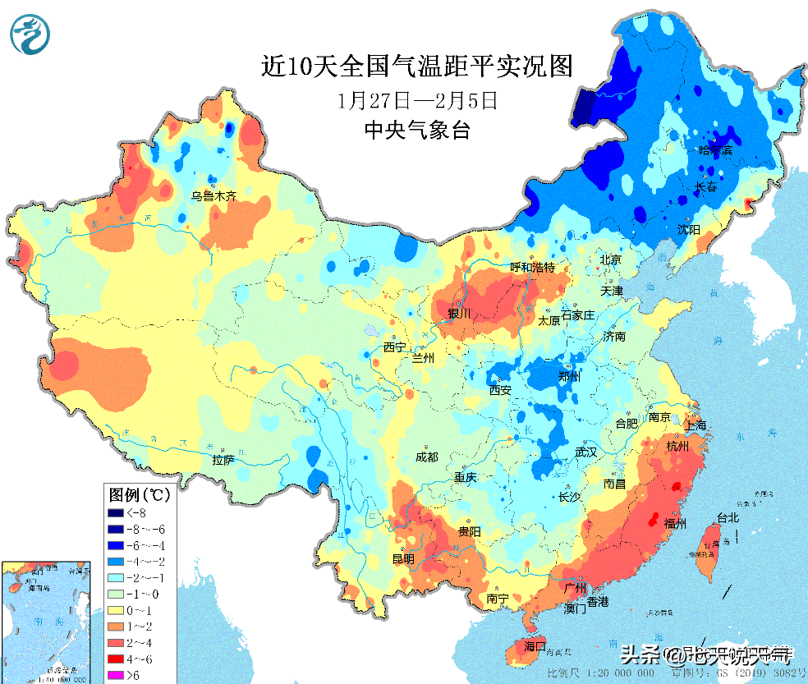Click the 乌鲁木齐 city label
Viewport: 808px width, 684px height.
[x=213, y=196]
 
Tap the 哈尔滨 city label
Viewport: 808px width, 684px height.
[x=714, y=150]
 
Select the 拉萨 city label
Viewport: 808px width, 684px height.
[x=223, y=461]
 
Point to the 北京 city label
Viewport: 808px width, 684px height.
[x=611, y=259]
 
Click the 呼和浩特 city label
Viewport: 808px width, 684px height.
[x=533, y=268]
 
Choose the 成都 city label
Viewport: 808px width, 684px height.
[x=427, y=457]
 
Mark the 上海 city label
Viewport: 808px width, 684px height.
[x=695, y=425]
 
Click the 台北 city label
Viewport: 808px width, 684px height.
[x=728, y=518]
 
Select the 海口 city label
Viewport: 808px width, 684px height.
[x=535, y=646]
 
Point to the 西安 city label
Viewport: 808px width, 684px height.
[x=500, y=390]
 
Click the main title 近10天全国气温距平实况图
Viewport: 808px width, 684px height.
[x=417, y=66]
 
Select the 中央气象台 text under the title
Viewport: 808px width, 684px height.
[x=417, y=130]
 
